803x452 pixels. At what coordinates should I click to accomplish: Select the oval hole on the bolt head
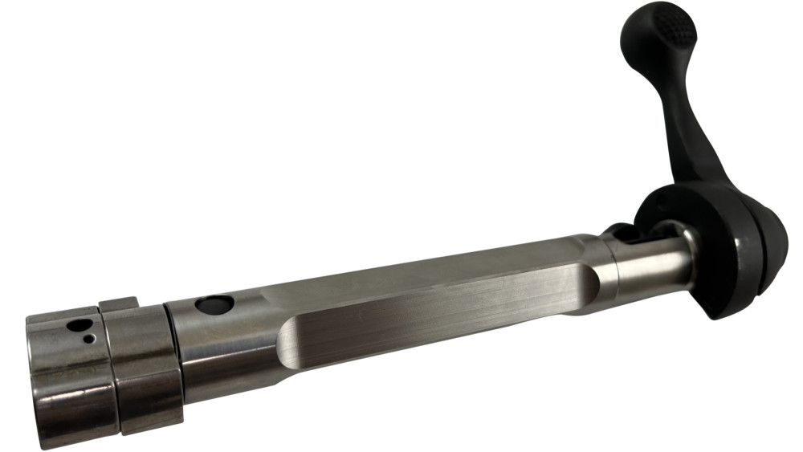(x=80, y=327)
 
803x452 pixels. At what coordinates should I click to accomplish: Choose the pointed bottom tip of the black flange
(x=711, y=316)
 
